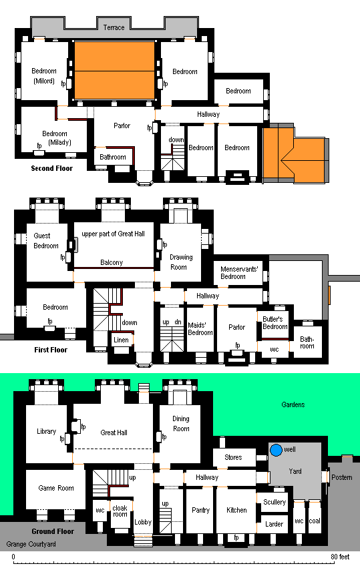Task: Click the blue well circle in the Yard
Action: [x=276, y=450]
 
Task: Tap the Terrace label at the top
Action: [x=114, y=27]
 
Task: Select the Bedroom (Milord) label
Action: [x=44, y=76]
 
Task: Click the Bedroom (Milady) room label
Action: [x=57, y=138]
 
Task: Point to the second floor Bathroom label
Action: [x=112, y=158]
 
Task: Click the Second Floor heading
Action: [x=52, y=168]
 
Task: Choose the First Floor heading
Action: [x=51, y=350]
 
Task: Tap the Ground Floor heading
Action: [x=53, y=531]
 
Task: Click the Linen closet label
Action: [x=121, y=340]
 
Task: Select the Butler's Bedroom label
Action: [x=275, y=322]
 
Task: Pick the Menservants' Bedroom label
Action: [x=239, y=272]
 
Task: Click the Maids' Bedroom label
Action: [x=200, y=329]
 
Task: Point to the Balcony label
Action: [x=112, y=262]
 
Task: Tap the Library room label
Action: [x=46, y=431]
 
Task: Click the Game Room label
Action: [x=56, y=488]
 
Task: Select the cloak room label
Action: [x=120, y=511]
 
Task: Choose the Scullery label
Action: [x=275, y=502]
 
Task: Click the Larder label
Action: [x=275, y=524]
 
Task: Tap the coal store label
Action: [x=315, y=521]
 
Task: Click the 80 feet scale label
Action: [x=340, y=557]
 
